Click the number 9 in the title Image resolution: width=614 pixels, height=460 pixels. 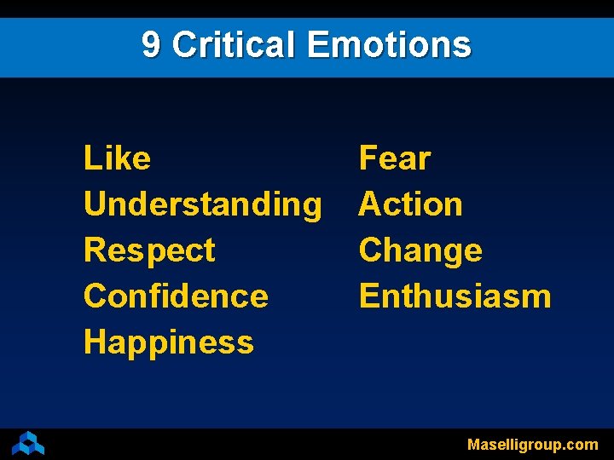[x=151, y=44]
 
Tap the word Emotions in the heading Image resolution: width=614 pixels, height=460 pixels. [x=388, y=44]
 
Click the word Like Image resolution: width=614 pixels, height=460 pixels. [x=117, y=158]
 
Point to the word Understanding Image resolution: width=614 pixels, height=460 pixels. [x=203, y=204]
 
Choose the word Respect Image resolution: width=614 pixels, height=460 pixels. [x=149, y=250]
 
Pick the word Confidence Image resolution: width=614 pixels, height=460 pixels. [x=176, y=296]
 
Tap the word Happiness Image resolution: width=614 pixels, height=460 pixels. [x=169, y=342]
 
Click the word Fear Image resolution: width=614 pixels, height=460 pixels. [x=395, y=158]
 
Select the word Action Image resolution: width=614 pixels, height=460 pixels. [x=411, y=204]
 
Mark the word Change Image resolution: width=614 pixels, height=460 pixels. [x=420, y=250]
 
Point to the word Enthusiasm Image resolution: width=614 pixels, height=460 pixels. [x=455, y=296]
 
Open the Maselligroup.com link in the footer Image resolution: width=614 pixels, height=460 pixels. [x=532, y=444]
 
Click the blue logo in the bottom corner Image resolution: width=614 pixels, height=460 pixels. [x=28, y=443]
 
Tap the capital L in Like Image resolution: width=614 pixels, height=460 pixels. [x=91, y=158]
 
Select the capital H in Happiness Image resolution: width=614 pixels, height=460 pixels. [x=94, y=342]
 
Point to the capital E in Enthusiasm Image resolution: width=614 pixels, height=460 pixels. [x=368, y=296]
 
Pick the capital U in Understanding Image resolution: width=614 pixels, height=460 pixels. [x=95, y=204]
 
